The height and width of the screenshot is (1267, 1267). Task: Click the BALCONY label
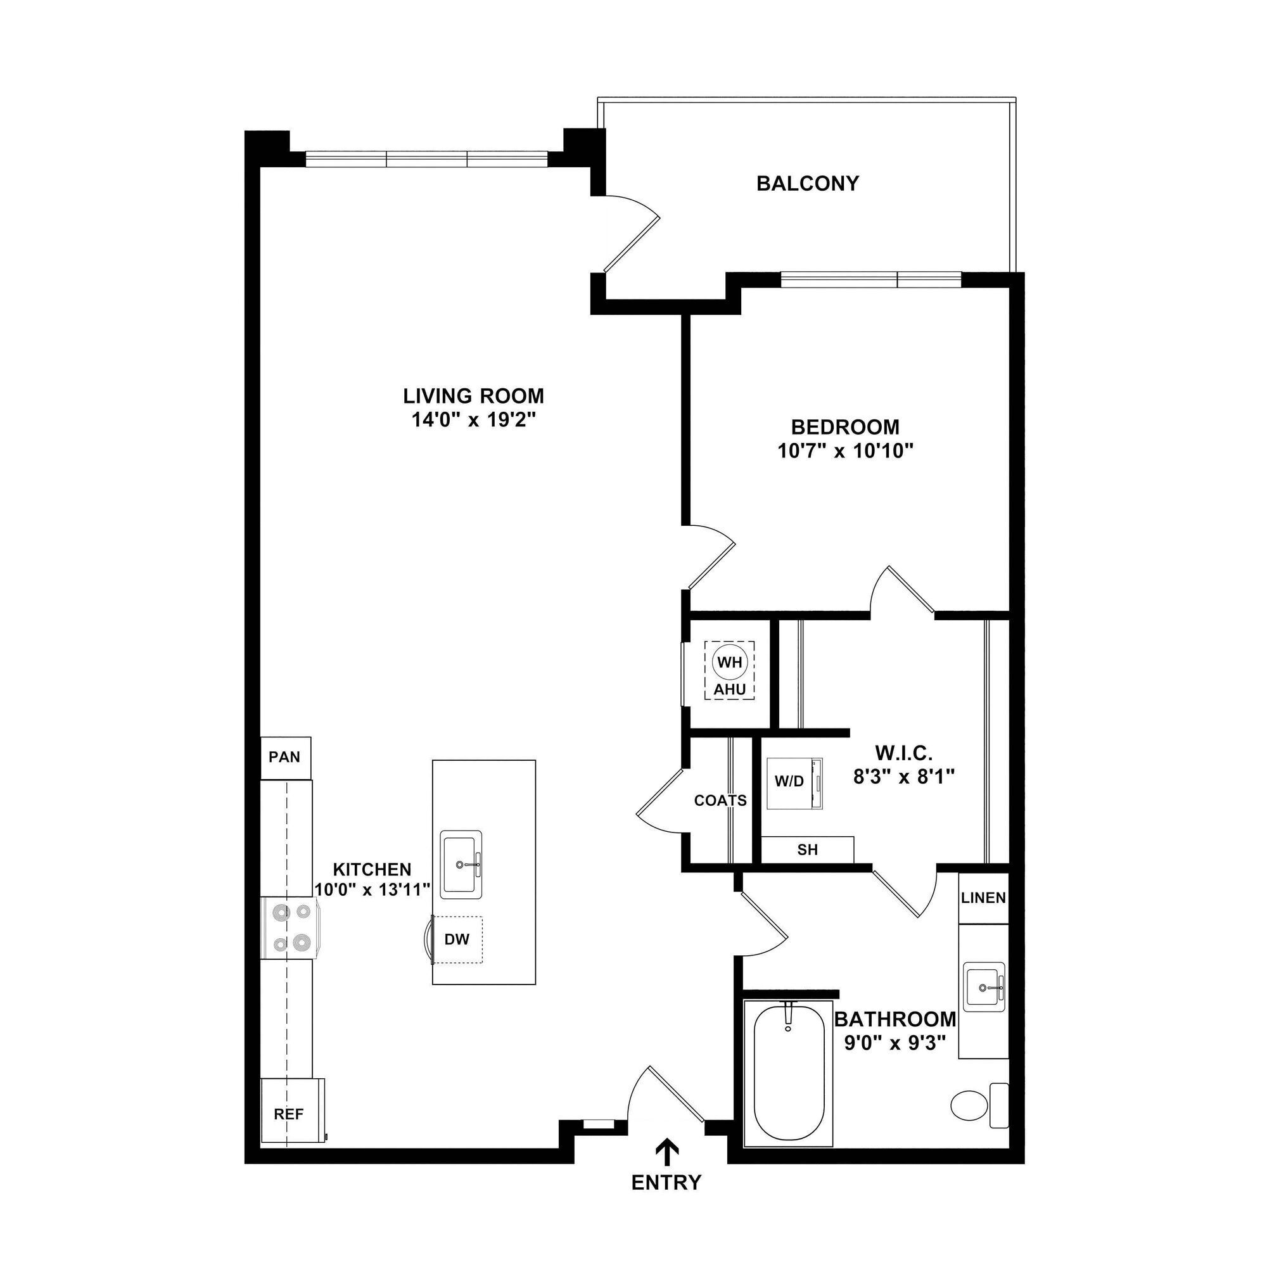pyautogui.click(x=807, y=184)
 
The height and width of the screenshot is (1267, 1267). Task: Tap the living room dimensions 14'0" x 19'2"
pyautogui.click(x=473, y=420)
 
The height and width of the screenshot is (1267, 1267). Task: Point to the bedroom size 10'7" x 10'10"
pyautogui.click(x=845, y=451)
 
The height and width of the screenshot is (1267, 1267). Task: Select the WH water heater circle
pyautogui.click(x=729, y=663)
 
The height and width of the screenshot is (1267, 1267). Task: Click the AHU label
pyautogui.click(x=729, y=689)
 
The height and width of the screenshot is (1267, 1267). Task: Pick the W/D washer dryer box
pyautogui.click(x=790, y=782)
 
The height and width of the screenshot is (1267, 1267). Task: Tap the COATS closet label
pyautogui.click(x=720, y=801)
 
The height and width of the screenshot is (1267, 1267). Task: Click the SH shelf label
pyautogui.click(x=807, y=850)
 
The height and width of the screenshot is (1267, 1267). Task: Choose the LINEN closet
pyautogui.click(x=983, y=898)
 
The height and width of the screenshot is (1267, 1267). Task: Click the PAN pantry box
pyautogui.click(x=284, y=758)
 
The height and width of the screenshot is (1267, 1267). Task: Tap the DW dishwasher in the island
pyautogui.click(x=457, y=939)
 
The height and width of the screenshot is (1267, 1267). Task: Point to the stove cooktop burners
pyautogui.click(x=292, y=927)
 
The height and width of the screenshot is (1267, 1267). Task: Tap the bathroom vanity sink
pyautogui.click(x=983, y=987)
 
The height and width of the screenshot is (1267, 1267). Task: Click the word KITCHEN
pyautogui.click(x=372, y=870)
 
